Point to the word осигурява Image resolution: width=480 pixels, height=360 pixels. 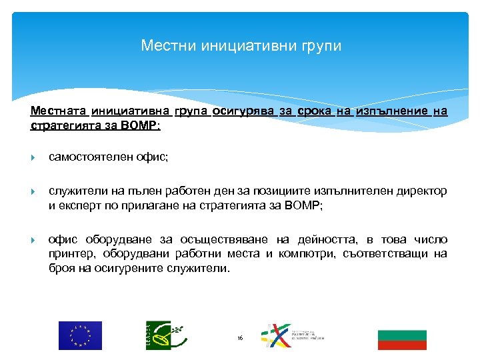click(x=243, y=111)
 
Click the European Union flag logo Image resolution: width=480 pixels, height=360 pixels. click(x=80, y=335)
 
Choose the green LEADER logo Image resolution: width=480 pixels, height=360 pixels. click(x=162, y=335)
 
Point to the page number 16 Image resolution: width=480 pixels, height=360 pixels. click(x=240, y=339)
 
